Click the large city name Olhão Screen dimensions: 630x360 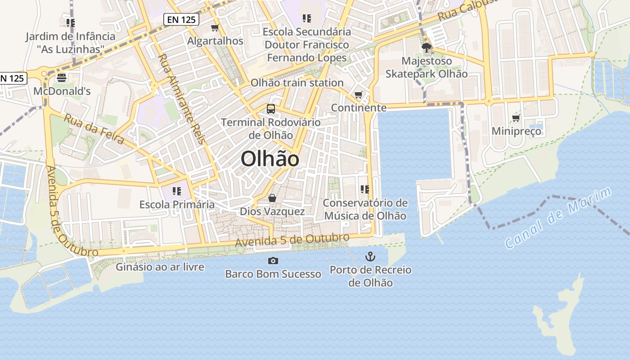[270, 159]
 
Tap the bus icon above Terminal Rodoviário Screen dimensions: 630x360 [270, 108]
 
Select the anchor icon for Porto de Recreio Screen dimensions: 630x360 [370, 256]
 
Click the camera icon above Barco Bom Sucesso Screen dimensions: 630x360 [273, 261]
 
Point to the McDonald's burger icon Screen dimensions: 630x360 [62, 78]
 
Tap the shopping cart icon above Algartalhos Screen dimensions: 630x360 [215, 28]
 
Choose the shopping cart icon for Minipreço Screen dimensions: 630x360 [516, 118]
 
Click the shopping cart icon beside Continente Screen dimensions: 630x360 [358, 94]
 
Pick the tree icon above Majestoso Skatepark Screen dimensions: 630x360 [426, 47]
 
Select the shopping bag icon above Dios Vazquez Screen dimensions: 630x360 [272, 198]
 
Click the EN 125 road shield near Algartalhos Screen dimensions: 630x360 [181, 19]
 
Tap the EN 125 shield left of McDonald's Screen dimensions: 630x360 [12, 78]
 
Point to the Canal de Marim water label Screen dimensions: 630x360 [558, 218]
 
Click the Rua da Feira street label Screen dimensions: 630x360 [94, 129]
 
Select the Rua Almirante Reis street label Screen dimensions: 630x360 [181, 99]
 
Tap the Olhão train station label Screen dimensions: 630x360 [297, 83]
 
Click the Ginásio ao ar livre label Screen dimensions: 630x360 [160, 267]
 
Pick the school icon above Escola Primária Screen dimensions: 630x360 [176, 191]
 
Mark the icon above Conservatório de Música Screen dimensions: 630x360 [364, 189]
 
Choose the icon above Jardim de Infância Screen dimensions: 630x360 [70, 22]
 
